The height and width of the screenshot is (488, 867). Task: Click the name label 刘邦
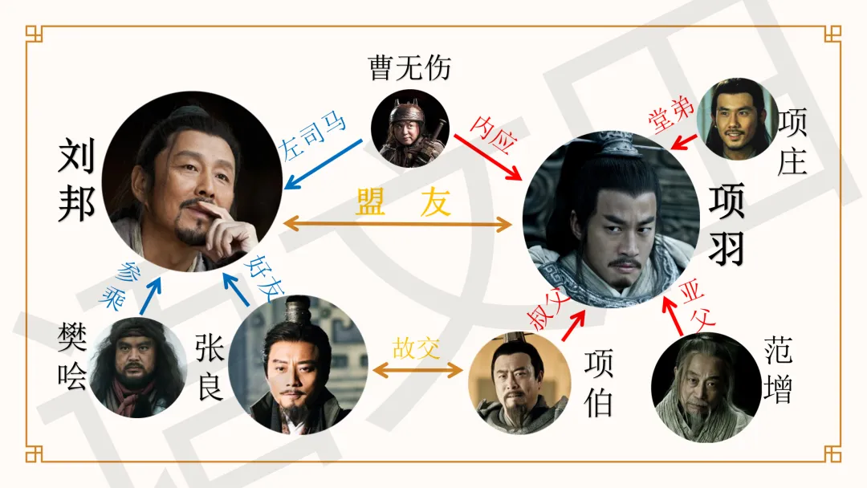coord(76,180)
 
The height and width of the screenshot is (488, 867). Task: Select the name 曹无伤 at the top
coord(409,68)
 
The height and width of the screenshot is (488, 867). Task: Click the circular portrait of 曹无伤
coord(409,128)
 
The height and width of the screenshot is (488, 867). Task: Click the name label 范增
coord(778,370)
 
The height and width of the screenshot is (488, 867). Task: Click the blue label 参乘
coord(120,284)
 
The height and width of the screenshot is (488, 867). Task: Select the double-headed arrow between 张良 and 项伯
coord(418,370)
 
